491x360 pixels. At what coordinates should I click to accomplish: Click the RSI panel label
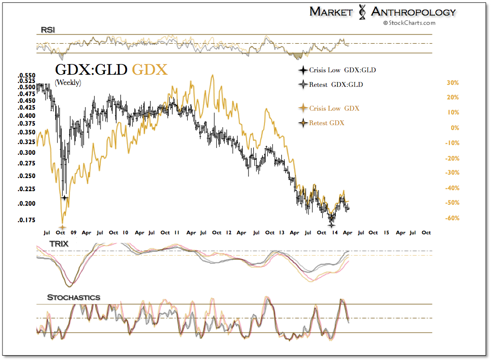click(x=48, y=30)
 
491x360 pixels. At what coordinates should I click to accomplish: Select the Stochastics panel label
click(x=73, y=297)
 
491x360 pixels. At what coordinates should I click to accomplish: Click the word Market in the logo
click(x=331, y=12)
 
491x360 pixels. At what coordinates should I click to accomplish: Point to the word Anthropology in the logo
click(x=413, y=12)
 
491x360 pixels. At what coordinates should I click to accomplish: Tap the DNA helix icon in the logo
click(x=361, y=12)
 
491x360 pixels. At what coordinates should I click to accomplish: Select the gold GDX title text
click(x=150, y=70)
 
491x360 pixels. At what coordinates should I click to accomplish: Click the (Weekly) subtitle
click(x=68, y=82)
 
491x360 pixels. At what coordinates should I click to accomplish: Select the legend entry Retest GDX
click(x=327, y=123)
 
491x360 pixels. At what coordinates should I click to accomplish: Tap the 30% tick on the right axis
click(x=453, y=83)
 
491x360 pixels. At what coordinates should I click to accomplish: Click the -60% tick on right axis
click(x=452, y=218)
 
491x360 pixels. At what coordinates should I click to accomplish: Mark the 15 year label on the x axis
click(x=386, y=232)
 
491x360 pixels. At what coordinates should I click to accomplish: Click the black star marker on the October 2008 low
click(x=64, y=197)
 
